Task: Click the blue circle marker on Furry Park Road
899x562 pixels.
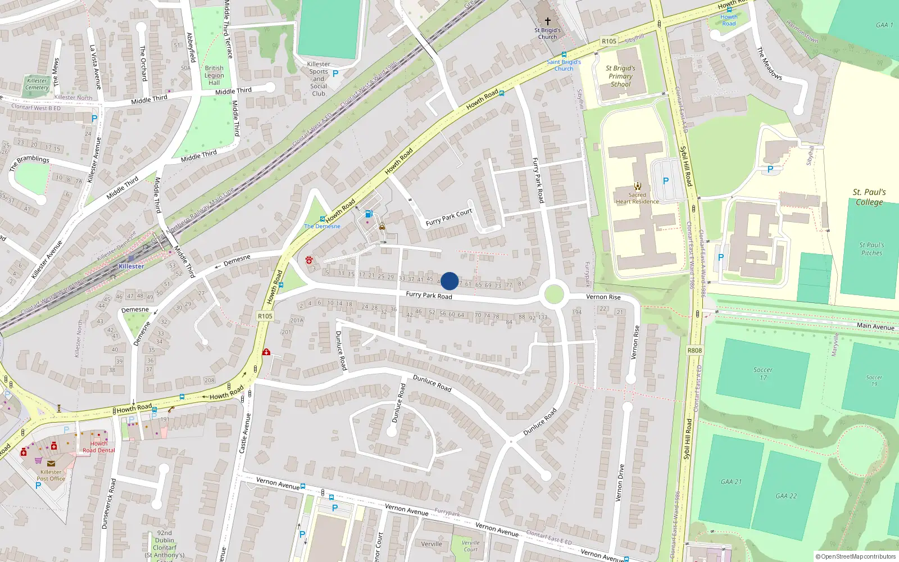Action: click(449, 281)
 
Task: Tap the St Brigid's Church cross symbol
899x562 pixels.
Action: click(547, 21)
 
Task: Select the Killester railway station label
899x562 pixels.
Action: click(131, 266)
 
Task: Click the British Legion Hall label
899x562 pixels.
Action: click(214, 75)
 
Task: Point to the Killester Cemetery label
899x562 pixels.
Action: click(37, 84)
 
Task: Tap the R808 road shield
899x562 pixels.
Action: click(694, 351)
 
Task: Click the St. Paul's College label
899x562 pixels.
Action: click(869, 197)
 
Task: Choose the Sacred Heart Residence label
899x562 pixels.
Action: click(637, 198)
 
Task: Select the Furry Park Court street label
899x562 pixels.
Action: click(449, 217)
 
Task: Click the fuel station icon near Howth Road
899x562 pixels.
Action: click(369, 214)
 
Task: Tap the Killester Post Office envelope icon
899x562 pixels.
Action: click(51, 463)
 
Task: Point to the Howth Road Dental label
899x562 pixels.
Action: click(98, 447)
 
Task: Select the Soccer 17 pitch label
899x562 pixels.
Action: click(762, 374)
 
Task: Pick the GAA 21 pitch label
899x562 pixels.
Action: click(731, 482)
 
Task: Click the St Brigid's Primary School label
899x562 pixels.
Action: click(620, 76)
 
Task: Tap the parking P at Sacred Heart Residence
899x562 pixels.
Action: click(666, 181)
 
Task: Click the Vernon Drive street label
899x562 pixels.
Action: click(620, 483)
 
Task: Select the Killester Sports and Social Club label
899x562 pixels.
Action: click(319, 79)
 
